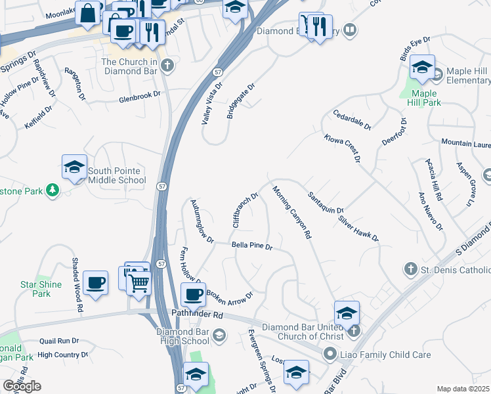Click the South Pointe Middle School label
click(x=117, y=175)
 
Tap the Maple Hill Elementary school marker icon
click(x=422, y=67)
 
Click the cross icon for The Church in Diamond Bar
click(x=167, y=65)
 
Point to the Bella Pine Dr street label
click(x=252, y=246)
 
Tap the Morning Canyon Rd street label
click(x=291, y=212)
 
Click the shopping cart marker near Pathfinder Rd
click(x=140, y=284)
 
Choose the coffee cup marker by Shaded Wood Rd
click(x=96, y=282)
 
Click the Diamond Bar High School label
click(x=182, y=336)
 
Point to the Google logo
click(x=22, y=385)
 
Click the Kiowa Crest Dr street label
click(x=342, y=148)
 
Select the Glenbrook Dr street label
click(x=139, y=96)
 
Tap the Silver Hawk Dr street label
click(x=358, y=227)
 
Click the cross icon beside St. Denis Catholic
click(x=410, y=269)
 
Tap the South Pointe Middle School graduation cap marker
click(x=74, y=167)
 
